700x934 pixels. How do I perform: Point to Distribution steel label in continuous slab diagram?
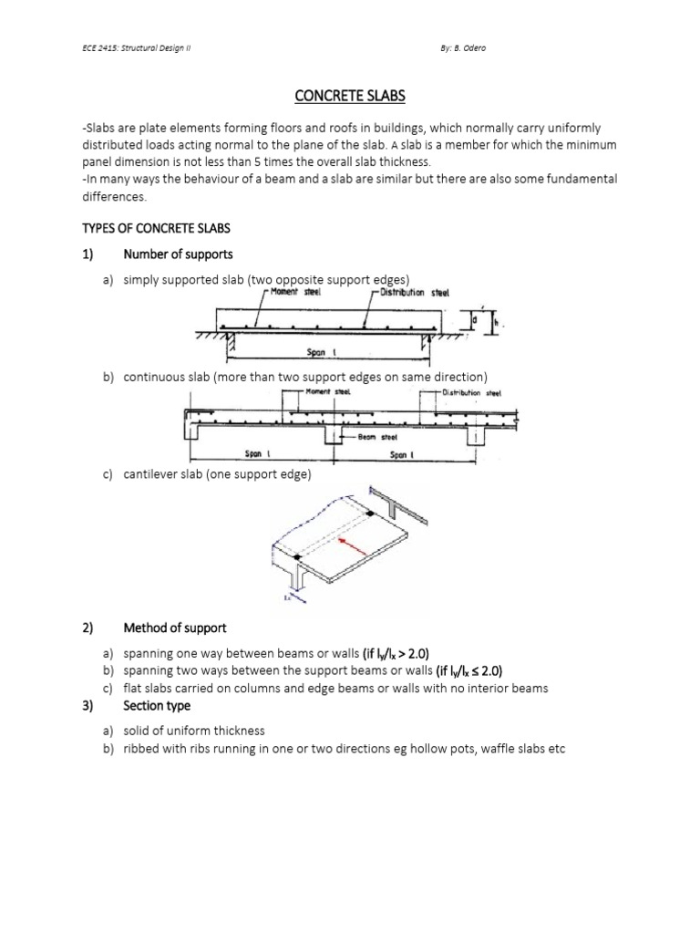pyautogui.click(x=474, y=393)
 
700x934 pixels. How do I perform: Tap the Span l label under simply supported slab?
pyautogui.click(x=319, y=350)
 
